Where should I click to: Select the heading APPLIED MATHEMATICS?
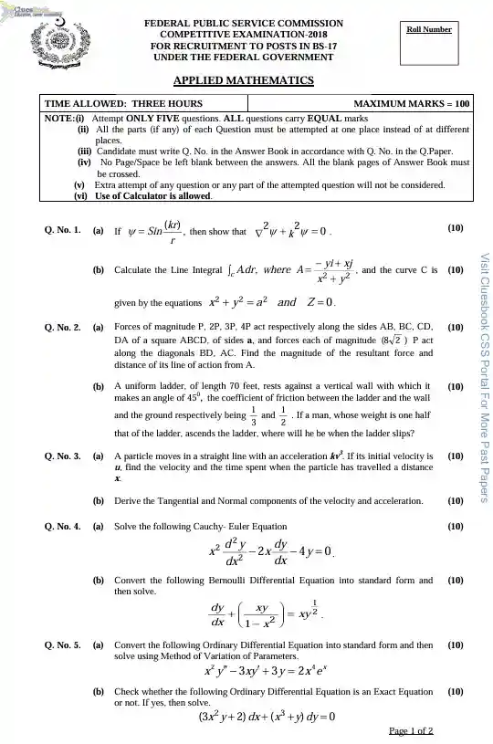coord(244,80)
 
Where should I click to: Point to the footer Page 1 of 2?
coord(410,731)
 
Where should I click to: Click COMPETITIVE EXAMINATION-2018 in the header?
coord(245,33)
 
